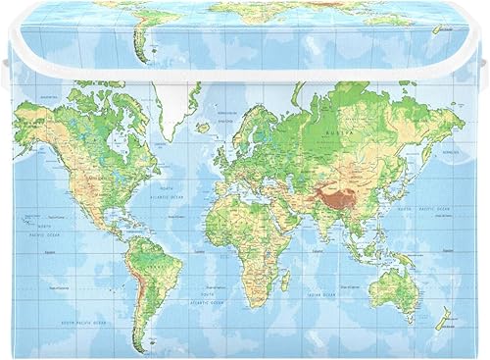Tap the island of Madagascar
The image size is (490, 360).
(x=285, y=280)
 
